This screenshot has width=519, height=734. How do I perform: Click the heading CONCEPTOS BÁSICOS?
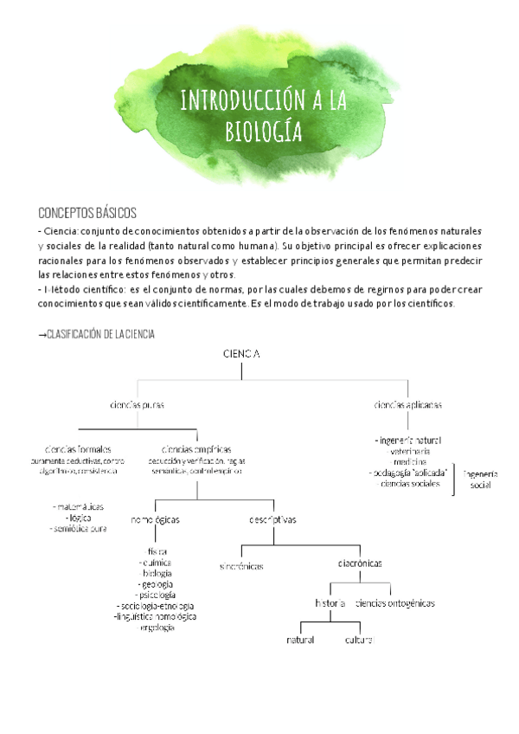pyautogui.click(x=87, y=213)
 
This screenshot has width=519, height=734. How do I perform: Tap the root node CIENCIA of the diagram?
pyautogui.click(x=241, y=353)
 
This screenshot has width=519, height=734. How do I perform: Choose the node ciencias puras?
pyautogui.click(x=137, y=404)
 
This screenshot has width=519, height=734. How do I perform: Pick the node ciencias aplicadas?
pyautogui.click(x=408, y=404)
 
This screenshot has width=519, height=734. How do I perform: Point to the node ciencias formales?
pyautogui.click(x=78, y=449)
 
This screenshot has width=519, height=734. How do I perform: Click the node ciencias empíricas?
pyautogui.click(x=195, y=449)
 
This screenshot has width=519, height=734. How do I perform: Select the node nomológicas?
pyautogui.click(x=156, y=520)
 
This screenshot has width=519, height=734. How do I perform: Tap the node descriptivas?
pyautogui.click(x=272, y=520)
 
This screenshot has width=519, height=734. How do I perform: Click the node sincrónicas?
pyautogui.click(x=241, y=565)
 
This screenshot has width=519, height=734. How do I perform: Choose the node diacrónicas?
pyautogui.click(x=360, y=563)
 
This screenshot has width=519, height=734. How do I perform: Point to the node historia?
pyautogui.click(x=330, y=602)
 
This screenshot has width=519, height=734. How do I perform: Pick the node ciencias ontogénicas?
pyautogui.click(x=395, y=602)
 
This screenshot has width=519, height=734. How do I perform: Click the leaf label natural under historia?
pyautogui.click(x=300, y=640)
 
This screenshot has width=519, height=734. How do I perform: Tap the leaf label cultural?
pyautogui.click(x=359, y=640)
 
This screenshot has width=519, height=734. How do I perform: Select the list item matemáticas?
pyautogui.click(x=80, y=505)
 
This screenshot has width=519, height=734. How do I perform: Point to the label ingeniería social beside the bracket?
pyautogui.click(x=480, y=480)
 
